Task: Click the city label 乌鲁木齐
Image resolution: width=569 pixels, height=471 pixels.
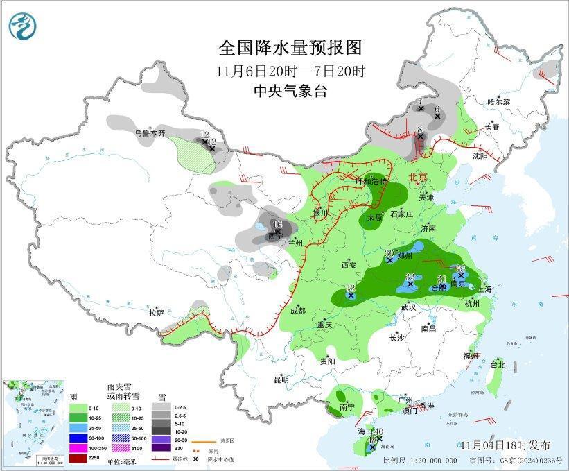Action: point(150,132)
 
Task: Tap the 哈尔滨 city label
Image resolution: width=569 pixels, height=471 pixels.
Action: point(498,102)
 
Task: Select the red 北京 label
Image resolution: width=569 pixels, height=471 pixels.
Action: point(420,177)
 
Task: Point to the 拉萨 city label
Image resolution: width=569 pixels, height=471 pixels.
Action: point(156,313)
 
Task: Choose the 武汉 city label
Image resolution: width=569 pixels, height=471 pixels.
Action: point(409,307)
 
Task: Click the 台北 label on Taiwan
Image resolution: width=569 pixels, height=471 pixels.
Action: point(498,364)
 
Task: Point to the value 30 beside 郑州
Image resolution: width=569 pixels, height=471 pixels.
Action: point(389,252)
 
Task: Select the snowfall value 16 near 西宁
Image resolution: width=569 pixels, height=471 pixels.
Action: point(277,224)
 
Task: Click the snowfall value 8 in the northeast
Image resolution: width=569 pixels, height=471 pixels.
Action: point(420,129)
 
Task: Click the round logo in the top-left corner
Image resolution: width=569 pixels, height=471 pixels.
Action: point(22,26)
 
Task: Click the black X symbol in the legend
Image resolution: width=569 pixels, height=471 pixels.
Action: point(198,459)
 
